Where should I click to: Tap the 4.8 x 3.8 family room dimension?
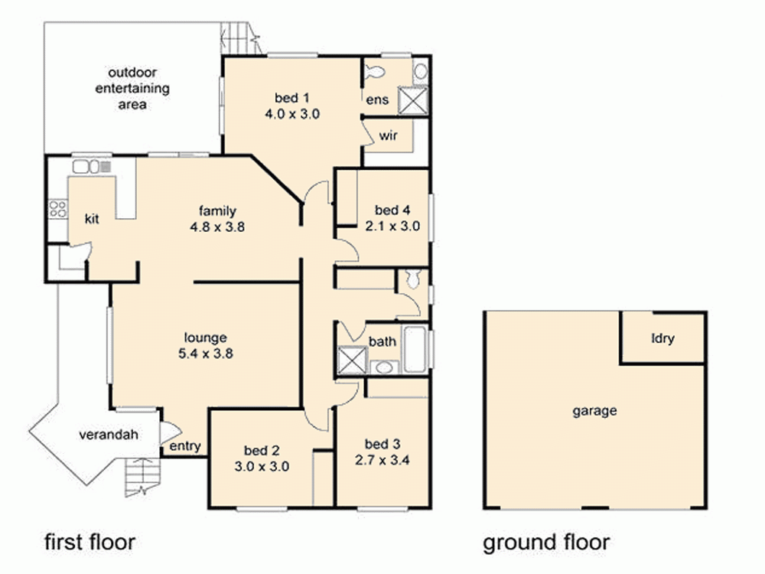pos(218,227)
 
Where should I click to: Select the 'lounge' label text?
pos(205,338)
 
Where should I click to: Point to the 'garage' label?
pos(594,411)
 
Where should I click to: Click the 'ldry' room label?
pos(662,338)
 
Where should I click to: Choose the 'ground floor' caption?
pos(546,543)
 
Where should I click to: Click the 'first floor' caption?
pos(89,543)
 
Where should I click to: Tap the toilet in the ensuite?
pos(374,73)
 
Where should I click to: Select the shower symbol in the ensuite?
pos(417,100)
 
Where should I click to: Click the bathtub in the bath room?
pos(416,350)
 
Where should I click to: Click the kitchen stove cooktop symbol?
pos(57,208)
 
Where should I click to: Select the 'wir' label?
pos(387,136)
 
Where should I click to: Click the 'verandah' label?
pos(109,435)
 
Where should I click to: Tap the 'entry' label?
pos(184,446)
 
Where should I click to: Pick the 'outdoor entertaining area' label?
pos(132,88)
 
